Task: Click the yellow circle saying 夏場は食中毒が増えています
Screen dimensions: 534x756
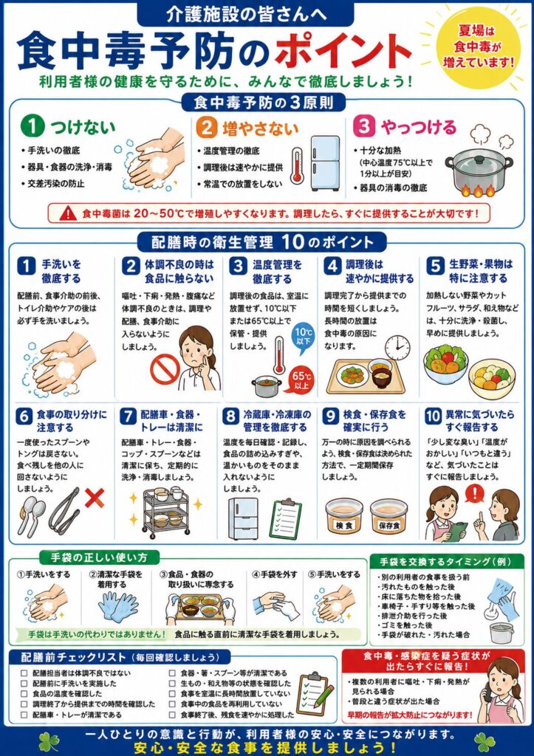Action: tap(479, 47)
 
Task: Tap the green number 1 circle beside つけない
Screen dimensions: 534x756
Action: tap(32, 127)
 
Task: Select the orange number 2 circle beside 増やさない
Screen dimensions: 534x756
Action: tap(207, 128)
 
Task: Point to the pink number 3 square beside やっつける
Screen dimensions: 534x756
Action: tap(364, 126)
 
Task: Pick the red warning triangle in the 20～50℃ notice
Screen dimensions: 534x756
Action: tap(68, 213)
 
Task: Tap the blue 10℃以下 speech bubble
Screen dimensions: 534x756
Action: tap(303, 337)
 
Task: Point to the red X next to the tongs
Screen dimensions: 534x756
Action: tap(95, 498)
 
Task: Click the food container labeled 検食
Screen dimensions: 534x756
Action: tap(344, 518)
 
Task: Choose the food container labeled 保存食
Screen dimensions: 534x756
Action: tap(388, 517)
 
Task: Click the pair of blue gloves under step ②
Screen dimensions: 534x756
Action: tap(118, 607)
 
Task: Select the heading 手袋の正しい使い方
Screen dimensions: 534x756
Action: tap(99, 557)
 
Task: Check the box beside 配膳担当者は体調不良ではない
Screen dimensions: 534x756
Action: tap(24, 673)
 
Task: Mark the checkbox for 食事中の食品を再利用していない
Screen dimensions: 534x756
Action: tap(172, 704)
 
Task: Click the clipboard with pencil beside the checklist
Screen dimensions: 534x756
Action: tap(315, 693)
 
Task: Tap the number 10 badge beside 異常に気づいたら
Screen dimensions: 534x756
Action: tap(433, 416)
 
